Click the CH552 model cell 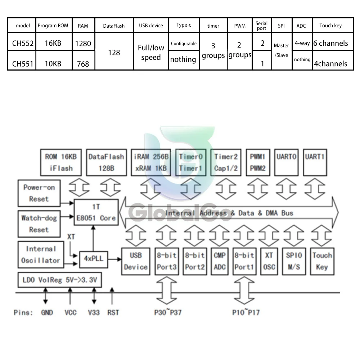coord(23,44)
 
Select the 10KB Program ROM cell coord(53,64)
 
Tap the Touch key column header coord(330,26)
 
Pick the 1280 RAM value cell coord(83,44)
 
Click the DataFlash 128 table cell coord(114,53)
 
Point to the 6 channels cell coord(330,43)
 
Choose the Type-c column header coord(183,25)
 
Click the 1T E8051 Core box coord(96,212)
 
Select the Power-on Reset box coord(39,193)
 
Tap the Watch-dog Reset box coord(39,224)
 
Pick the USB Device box coord(135,261)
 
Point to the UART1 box coord(315,162)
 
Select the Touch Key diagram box coord(321,261)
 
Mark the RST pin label coord(113,312)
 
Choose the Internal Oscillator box coord(40,255)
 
